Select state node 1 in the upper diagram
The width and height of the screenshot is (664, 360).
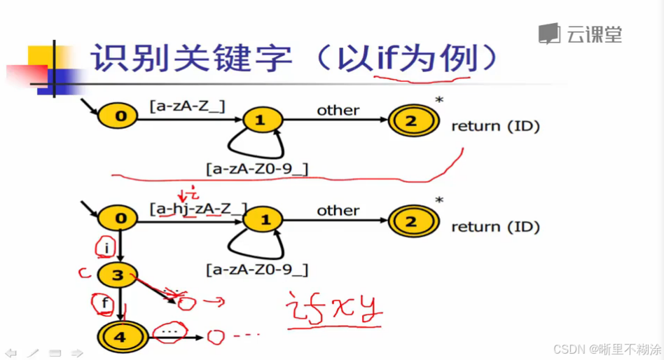(259, 120)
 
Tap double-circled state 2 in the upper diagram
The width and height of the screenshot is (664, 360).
(410, 120)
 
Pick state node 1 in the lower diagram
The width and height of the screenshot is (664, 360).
(265, 221)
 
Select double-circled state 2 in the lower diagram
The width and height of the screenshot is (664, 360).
(410, 222)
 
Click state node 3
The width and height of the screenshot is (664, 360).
(118, 275)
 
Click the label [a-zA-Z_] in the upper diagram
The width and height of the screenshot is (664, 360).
(187, 106)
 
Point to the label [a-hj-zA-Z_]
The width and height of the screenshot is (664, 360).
(198, 208)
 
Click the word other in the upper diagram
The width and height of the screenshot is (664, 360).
(338, 110)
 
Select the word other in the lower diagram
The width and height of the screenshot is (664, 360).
(338, 210)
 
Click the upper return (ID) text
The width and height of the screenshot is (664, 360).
(495, 126)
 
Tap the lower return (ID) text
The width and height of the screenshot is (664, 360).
(495, 227)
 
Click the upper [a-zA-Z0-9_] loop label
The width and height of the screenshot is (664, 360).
(257, 168)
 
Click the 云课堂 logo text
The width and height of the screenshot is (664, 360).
(594, 34)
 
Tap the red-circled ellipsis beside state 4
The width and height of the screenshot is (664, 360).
(170, 329)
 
